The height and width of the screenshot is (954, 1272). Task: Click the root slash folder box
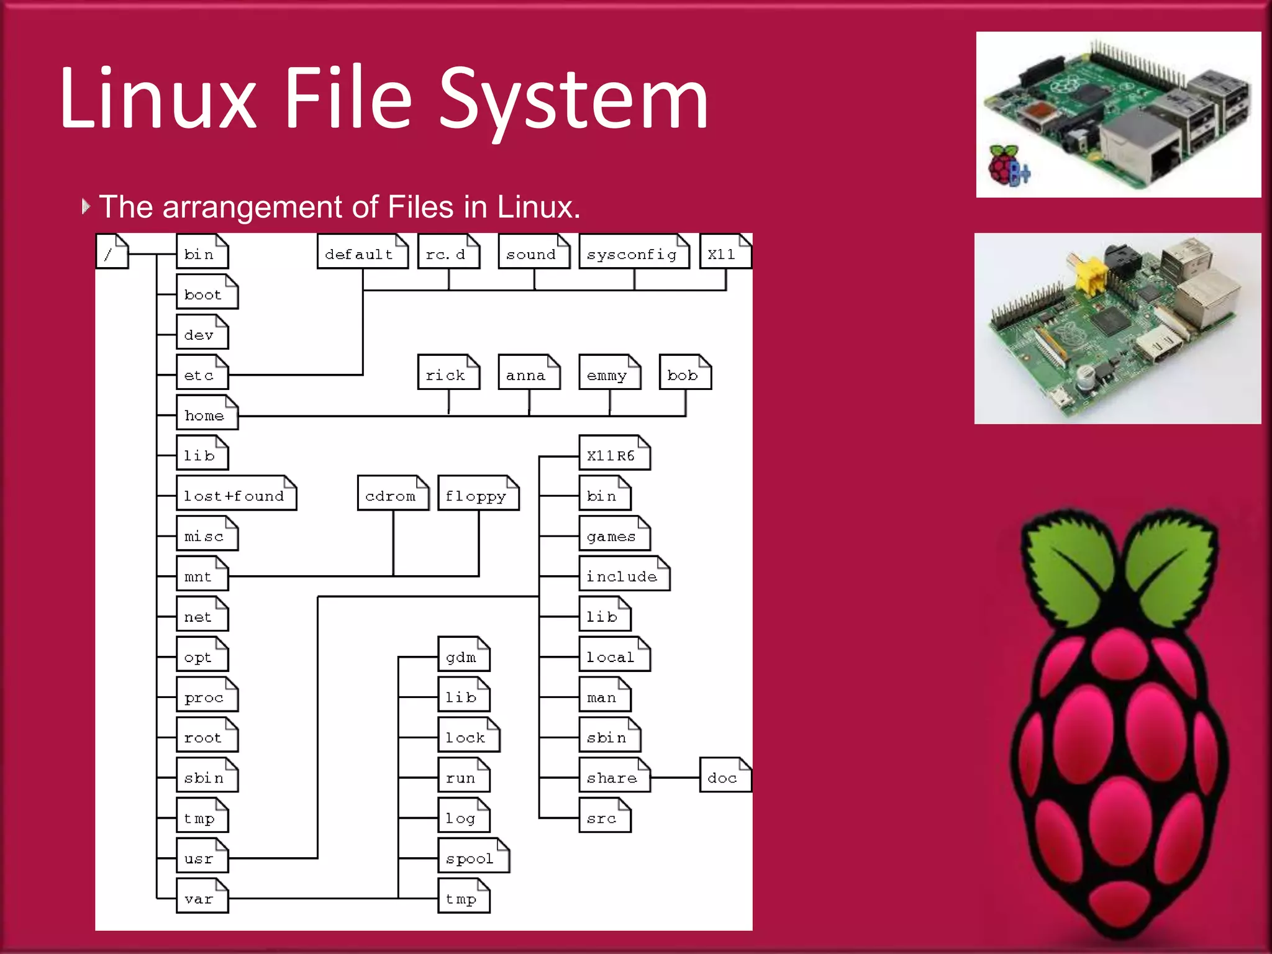point(112,252)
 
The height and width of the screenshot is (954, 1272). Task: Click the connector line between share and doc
point(675,777)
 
